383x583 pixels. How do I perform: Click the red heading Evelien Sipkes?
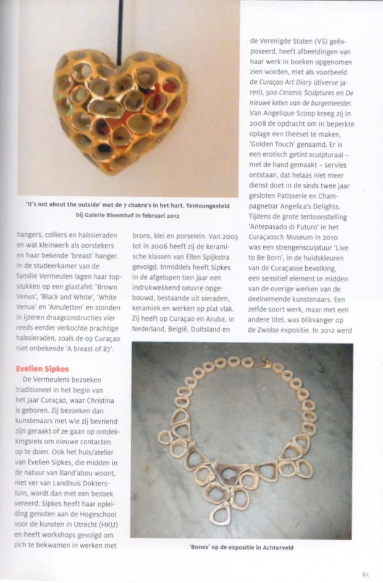click(43, 368)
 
